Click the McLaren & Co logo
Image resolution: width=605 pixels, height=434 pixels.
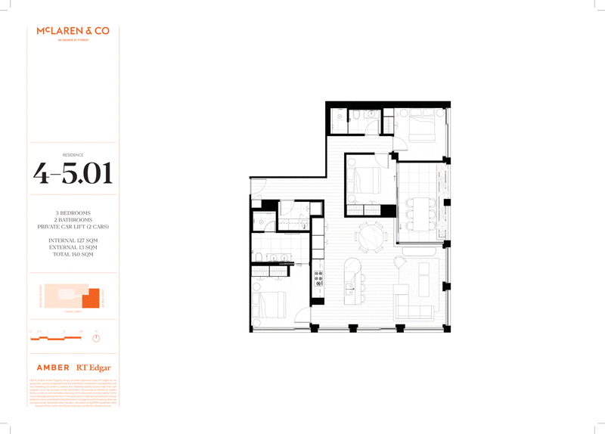tap(73, 32)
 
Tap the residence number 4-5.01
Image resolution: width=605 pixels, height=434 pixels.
tap(73, 173)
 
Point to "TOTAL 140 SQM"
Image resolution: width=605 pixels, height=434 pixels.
tap(73, 254)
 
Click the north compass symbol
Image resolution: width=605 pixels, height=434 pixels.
tap(96, 336)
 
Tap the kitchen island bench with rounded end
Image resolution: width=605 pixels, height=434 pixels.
tap(351, 279)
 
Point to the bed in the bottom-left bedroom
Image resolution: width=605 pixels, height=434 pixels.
tap(272, 305)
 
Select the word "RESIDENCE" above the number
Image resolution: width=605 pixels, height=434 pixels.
tap(73, 154)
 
